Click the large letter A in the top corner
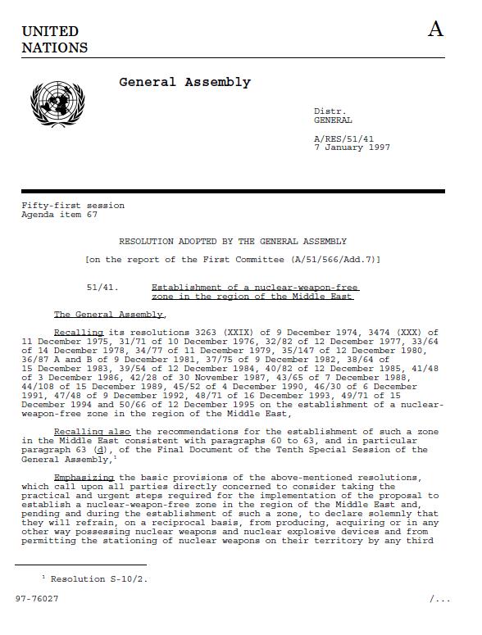tap(435, 29)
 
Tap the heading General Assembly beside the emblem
tap(184, 82)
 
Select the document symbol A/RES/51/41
tap(343, 139)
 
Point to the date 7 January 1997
tap(352, 147)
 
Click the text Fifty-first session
tap(73, 206)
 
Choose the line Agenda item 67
tap(59, 214)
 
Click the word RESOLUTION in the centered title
tap(146, 242)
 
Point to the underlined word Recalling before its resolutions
tap(79, 333)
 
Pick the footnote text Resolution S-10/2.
tap(100, 578)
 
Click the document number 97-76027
tap(38, 598)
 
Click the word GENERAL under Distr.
tap(333, 120)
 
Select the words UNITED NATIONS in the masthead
tap(54, 39)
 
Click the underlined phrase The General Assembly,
tap(110, 315)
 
